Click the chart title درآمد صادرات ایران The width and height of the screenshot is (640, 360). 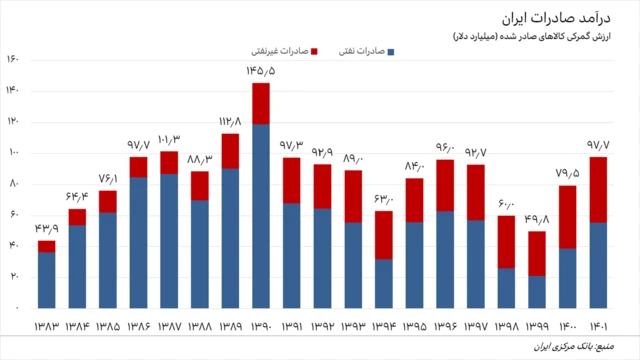[x=571, y=17]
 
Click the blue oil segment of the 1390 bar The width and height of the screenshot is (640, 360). [x=260, y=215]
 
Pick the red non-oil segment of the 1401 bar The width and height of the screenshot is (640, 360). [x=598, y=190]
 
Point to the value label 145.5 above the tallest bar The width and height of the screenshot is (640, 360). [x=260, y=71]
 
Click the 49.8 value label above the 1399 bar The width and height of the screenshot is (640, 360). [x=536, y=219]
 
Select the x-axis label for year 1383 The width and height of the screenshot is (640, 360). [x=46, y=325]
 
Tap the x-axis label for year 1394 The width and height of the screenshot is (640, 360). [x=383, y=325]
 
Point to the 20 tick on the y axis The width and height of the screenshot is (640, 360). [x=14, y=277]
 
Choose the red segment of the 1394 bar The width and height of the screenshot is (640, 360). [x=383, y=235]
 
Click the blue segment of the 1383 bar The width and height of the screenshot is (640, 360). [x=46, y=280]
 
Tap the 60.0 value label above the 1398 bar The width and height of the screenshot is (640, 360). [x=506, y=204]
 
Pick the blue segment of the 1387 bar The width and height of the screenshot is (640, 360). [x=168, y=240]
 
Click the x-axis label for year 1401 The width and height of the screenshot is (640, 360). [x=598, y=325]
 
